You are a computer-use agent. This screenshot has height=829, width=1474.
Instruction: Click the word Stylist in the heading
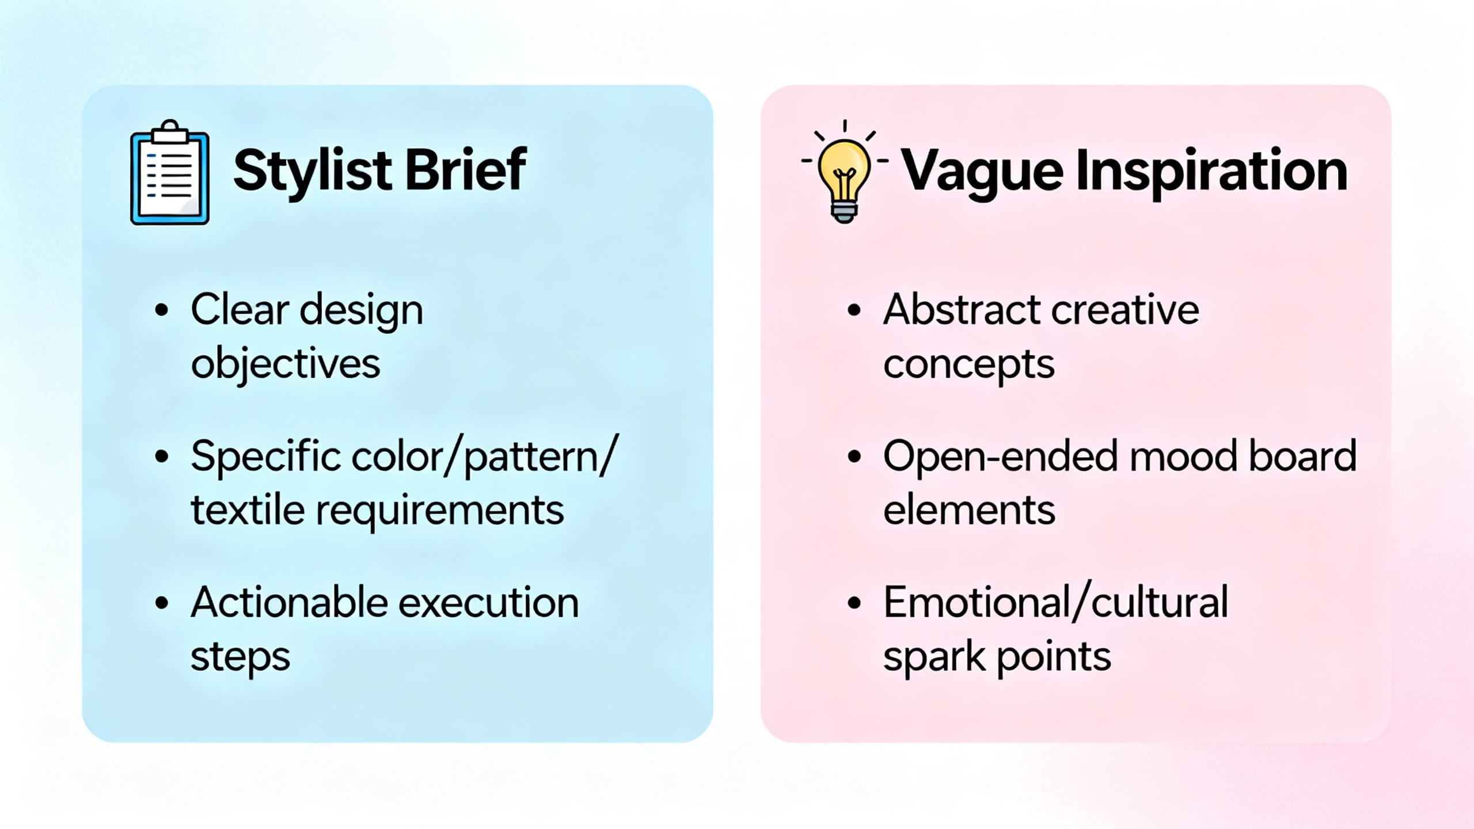point(313,170)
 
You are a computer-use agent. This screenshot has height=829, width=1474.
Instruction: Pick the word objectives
point(286,365)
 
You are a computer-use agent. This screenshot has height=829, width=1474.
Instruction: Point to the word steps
point(240,657)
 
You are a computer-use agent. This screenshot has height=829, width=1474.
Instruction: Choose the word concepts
point(968,365)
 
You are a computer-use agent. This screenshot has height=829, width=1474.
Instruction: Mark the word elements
point(968,511)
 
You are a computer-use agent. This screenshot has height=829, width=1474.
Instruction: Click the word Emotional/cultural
point(1055,603)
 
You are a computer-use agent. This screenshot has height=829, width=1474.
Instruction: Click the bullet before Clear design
point(162,310)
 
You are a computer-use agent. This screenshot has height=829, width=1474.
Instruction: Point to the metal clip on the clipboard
point(170,132)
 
